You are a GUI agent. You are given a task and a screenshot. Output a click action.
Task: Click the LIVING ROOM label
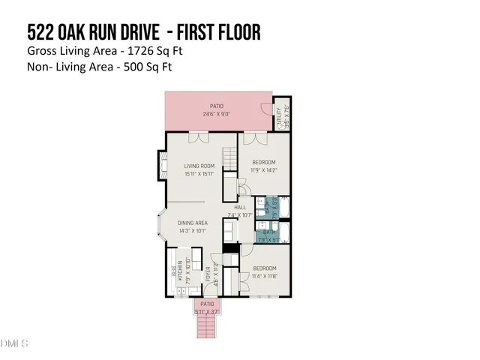[199, 166]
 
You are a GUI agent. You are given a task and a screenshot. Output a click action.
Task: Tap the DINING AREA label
[193, 223]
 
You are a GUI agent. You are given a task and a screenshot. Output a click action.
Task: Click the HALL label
[240, 207]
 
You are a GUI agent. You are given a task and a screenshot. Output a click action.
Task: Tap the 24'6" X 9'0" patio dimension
[217, 115]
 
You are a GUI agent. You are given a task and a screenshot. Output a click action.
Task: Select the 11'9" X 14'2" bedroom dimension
[264, 170]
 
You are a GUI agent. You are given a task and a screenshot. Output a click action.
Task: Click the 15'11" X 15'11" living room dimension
[199, 174]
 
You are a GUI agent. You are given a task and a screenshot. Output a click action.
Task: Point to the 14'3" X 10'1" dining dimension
[193, 231]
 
